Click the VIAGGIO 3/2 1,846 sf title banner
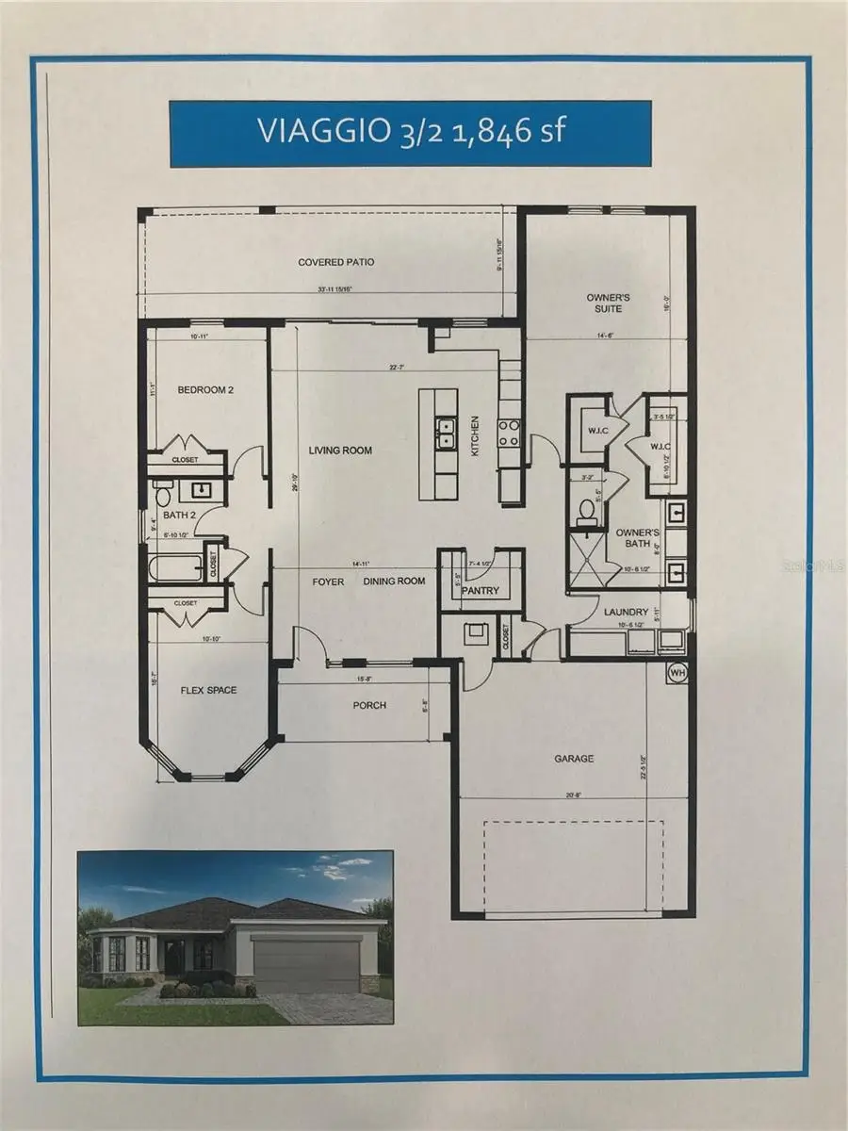(411, 131)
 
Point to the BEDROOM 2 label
(205, 389)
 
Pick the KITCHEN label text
(476, 436)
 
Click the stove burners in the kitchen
(508, 432)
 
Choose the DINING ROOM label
(395, 582)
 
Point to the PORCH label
(369, 705)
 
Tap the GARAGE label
(574, 758)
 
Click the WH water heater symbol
(677, 673)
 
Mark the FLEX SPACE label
(208, 690)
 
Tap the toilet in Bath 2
(161, 495)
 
